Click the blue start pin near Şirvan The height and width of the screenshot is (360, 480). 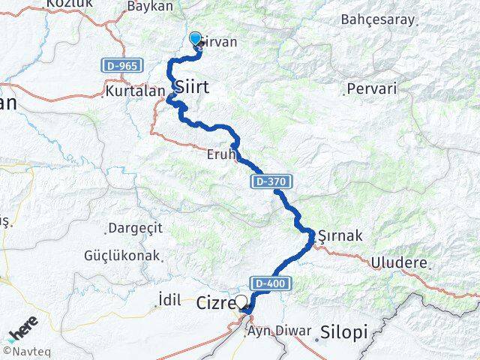click(196, 40)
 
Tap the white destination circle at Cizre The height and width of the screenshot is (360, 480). click(241, 303)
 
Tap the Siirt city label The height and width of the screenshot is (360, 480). click(191, 88)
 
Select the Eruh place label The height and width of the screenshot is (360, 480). click(221, 157)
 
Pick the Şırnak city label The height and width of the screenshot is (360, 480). click(340, 235)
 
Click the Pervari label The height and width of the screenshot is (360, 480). click(371, 88)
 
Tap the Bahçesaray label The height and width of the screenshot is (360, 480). click(377, 19)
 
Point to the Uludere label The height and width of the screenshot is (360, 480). click(400, 263)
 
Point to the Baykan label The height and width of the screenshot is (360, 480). click(149, 6)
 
